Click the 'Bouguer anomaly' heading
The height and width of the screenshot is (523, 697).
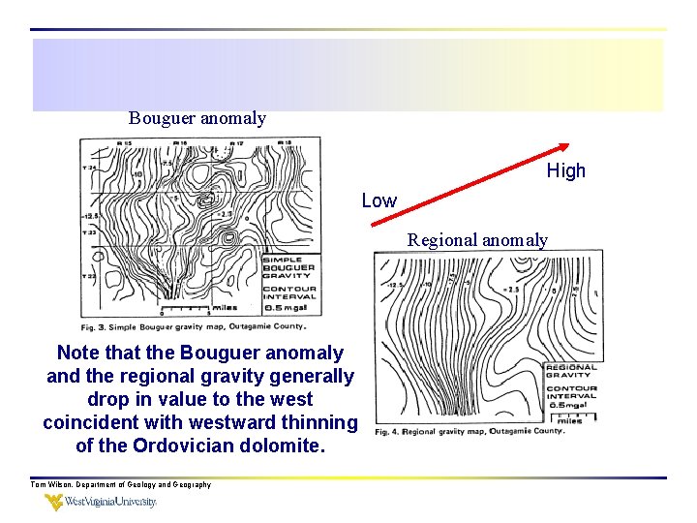pyautogui.click(x=197, y=118)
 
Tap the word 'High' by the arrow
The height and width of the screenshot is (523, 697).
pyautogui.click(x=565, y=170)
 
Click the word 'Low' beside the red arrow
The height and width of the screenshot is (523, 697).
pyautogui.click(x=379, y=200)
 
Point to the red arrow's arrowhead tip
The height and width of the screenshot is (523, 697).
pyautogui.click(x=568, y=144)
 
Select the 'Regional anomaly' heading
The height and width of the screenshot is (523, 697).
pyautogui.click(x=477, y=240)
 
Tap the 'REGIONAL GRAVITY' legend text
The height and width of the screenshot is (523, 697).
pyautogui.click(x=571, y=371)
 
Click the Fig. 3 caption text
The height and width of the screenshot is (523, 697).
pyautogui.click(x=200, y=327)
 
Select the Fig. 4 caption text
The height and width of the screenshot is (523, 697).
pyautogui.click(x=470, y=431)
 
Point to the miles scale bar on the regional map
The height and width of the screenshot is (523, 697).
pyautogui.click(x=570, y=416)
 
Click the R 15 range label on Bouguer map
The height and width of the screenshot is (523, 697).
pyautogui.click(x=124, y=143)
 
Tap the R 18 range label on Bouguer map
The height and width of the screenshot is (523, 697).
pyautogui.click(x=286, y=143)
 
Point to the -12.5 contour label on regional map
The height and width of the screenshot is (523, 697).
pyautogui.click(x=395, y=287)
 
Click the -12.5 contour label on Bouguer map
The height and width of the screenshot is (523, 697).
pyautogui.click(x=92, y=216)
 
